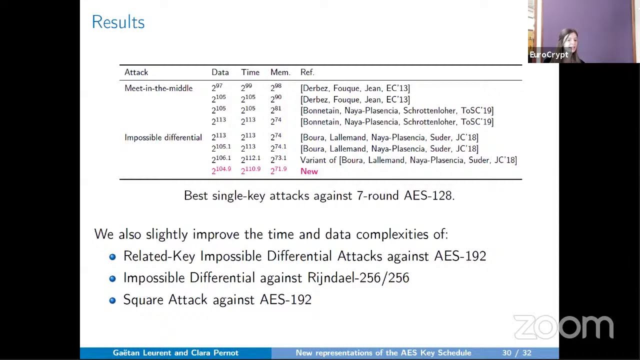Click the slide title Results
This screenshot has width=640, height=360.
(x=118, y=22)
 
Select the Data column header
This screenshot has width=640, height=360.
(x=220, y=72)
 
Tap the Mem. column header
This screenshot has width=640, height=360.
(x=280, y=72)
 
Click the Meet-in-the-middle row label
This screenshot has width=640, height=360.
(x=158, y=88)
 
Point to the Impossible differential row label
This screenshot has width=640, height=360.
(x=163, y=137)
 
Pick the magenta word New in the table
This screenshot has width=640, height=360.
(x=309, y=171)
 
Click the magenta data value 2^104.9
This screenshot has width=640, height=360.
(x=221, y=170)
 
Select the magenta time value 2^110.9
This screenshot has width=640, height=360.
(x=250, y=170)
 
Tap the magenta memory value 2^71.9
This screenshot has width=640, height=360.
(x=278, y=170)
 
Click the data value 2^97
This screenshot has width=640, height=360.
(x=217, y=88)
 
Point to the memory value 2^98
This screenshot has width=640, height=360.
(x=276, y=88)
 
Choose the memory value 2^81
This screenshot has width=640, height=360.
(x=276, y=110)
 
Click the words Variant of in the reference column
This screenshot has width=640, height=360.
(x=318, y=160)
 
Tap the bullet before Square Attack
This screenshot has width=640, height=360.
(x=112, y=300)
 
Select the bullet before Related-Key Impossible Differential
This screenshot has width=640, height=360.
(x=112, y=256)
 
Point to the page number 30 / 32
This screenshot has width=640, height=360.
(x=516, y=353)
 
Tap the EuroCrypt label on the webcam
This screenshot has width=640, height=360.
(x=548, y=55)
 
